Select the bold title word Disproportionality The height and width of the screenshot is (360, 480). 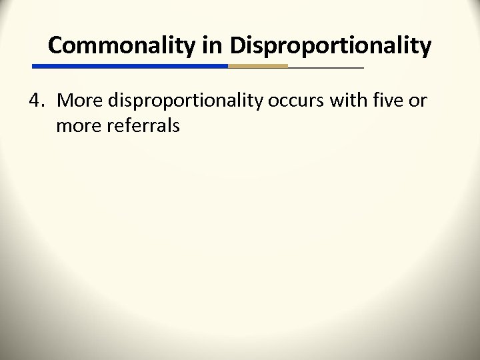point(330,45)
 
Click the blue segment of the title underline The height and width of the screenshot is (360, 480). point(130,67)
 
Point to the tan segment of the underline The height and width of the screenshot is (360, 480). point(258,67)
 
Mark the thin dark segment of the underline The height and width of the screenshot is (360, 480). point(326,67)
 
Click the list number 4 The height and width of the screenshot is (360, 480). point(36,101)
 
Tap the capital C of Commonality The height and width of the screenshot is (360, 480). point(56,45)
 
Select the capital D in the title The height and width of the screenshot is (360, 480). point(237,45)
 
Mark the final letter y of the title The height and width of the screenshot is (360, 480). point(425,48)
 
